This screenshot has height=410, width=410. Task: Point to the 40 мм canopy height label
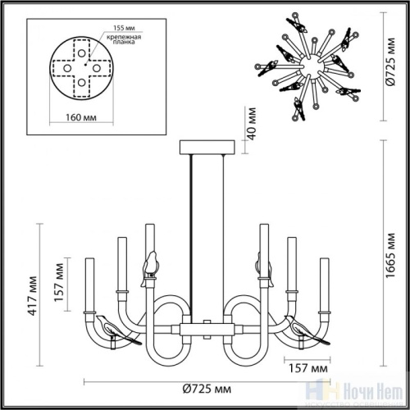coord(253,123)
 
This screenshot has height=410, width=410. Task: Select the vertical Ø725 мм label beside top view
coord(391,58)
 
